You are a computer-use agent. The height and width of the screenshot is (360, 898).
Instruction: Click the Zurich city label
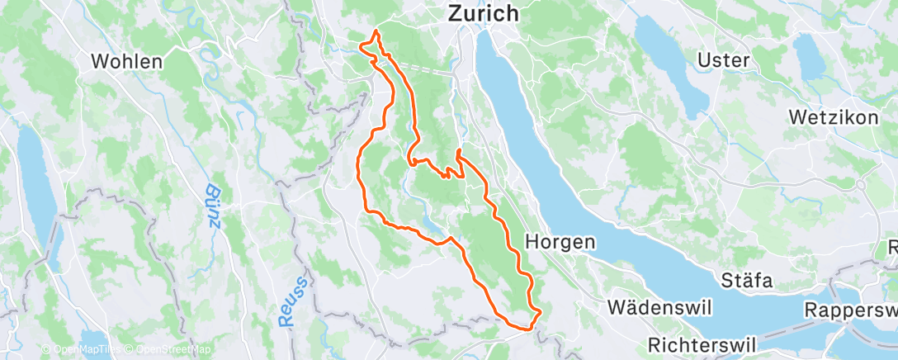(483, 13)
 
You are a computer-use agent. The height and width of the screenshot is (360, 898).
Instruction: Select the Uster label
(723, 59)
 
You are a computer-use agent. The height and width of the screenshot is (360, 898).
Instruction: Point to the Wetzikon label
(833, 117)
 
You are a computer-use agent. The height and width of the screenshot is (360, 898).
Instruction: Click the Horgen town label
(560, 242)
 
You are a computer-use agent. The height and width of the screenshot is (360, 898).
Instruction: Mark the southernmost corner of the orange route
(528, 329)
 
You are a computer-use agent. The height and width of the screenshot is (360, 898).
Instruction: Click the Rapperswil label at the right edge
(855, 310)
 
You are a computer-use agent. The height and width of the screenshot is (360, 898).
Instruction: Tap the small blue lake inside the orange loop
(432, 223)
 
